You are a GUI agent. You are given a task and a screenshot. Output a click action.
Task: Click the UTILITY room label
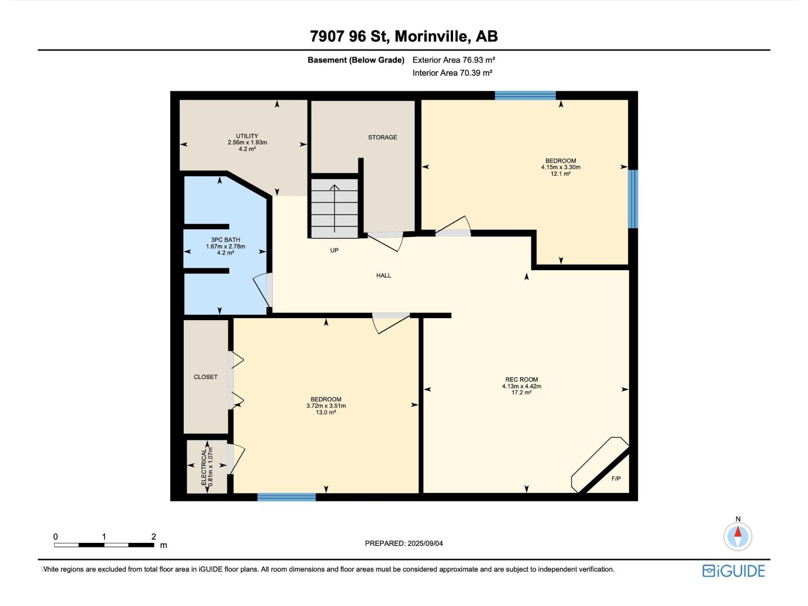[247, 136]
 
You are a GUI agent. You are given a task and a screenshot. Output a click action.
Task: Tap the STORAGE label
[382, 137]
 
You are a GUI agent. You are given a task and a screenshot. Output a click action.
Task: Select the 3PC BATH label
[225, 240]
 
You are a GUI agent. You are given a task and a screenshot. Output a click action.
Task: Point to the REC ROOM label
[522, 379]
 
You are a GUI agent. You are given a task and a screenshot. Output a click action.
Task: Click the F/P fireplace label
[616, 478]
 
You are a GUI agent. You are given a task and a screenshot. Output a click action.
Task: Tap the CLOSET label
[206, 377]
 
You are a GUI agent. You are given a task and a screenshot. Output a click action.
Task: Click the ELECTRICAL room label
[204, 466]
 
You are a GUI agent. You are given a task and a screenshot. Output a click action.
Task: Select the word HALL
[384, 275]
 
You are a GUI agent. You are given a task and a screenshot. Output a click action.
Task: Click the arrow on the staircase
[334, 208]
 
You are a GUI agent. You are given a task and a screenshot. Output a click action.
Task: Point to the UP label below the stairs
[334, 250]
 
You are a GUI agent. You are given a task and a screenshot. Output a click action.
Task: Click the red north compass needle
[738, 532]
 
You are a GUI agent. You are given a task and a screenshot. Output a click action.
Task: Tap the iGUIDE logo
[733, 571]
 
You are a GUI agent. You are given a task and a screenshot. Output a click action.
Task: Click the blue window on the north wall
[525, 95]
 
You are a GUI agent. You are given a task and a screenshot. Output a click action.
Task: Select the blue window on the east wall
[633, 198]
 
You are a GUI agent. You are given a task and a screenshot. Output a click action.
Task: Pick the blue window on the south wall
[286, 497]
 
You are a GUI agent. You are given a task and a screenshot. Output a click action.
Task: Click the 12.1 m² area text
[561, 174]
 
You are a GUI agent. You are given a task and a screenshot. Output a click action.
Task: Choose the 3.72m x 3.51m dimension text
[326, 406]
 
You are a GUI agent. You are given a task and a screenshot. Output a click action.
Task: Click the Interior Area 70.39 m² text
[452, 73]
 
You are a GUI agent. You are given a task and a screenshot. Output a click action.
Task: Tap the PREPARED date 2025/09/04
[425, 543]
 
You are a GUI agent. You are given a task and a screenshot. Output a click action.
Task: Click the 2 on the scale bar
[154, 536]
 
